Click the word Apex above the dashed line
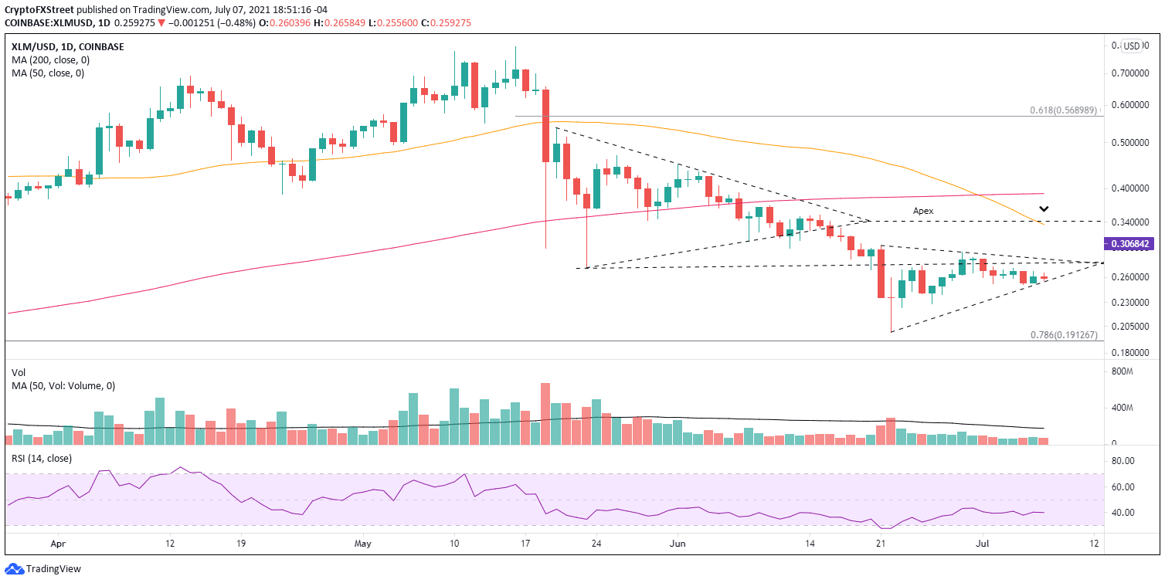point(923,210)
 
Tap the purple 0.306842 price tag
point(1131,243)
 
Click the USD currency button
point(1132,46)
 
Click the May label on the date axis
point(362,543)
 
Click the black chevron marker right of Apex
point(1044,208)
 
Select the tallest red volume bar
point(545,414)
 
